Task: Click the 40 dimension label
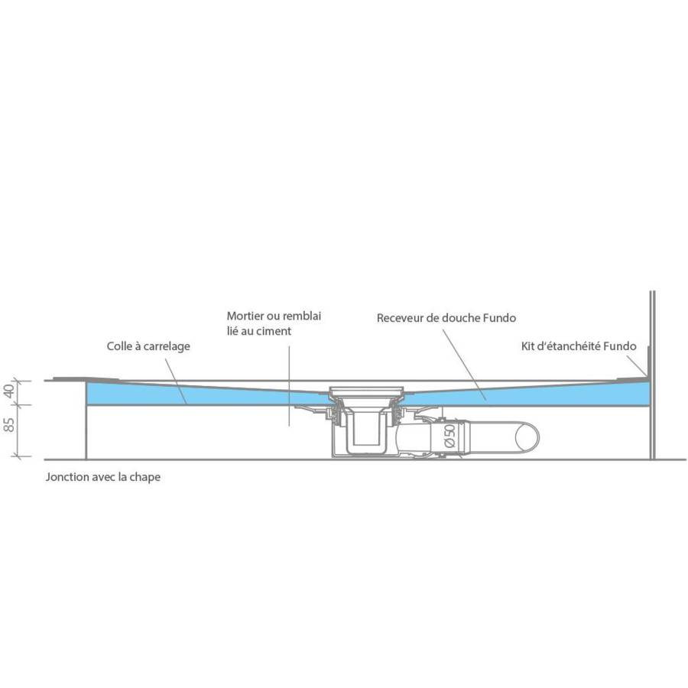pos(8,391)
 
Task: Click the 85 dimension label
pos(8,424)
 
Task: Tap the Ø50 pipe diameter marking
pos(449,436)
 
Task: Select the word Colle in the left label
pos(119,346)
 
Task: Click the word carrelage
pos(167,346)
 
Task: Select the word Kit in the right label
pos(527,346)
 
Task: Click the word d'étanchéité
pos(569,346)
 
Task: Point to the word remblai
pos(301,316)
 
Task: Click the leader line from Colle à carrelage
pos(176,381)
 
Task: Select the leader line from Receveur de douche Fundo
pos(464,365)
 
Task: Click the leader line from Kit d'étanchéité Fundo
pos(636,365)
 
